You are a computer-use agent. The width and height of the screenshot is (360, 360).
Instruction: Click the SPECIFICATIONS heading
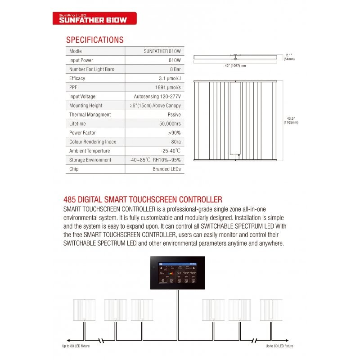point(94,40)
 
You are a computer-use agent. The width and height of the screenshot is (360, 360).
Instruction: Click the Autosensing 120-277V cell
point(157,96)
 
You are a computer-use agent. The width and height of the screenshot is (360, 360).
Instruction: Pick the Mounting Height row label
point(85,105)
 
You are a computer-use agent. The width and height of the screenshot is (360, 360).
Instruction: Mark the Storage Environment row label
point(90,160)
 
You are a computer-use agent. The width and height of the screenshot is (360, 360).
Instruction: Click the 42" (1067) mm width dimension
point(235,66)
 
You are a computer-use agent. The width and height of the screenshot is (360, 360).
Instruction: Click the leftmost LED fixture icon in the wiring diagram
point(84,310)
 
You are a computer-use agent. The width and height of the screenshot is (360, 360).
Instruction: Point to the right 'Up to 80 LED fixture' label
point(279,346)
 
